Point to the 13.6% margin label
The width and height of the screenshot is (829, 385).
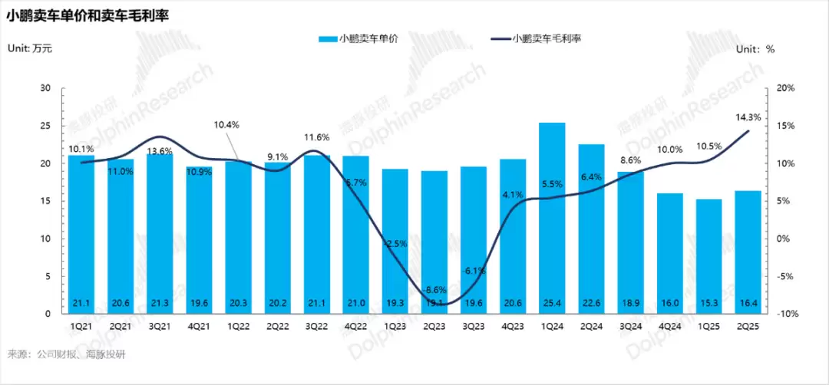(159, 151)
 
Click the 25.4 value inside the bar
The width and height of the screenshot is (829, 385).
(552, 304)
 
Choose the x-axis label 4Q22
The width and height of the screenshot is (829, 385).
(355, 325)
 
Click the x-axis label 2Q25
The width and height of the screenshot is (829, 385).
(748, 325)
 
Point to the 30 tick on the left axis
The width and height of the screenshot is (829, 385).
(44, 88)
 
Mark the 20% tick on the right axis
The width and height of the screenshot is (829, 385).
(786, 88)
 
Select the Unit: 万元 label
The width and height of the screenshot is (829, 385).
(30, 48)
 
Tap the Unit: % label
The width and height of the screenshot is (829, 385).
(756, 48)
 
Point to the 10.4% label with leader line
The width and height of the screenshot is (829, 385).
(227, 124)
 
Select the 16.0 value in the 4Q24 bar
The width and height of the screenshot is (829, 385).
(670, 304)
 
